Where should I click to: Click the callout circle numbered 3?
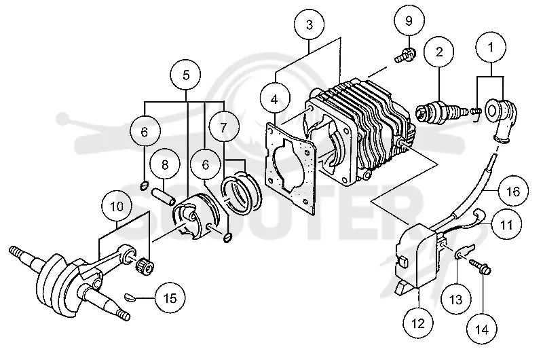click(310, 25)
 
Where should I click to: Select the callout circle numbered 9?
click(409, 21)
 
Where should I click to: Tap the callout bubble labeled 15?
click(170, 298)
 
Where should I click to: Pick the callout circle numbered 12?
click(418, 323)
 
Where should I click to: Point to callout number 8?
click(165, 164)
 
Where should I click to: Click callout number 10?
click(117, 207)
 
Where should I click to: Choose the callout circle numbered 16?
click(514, 191)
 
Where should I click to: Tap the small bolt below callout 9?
click(405, 56)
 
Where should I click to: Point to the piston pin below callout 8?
click(163, 196)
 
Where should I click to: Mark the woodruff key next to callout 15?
click(128, 297)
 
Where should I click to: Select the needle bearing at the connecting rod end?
click(144, 267)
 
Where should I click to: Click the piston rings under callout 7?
click(242, 192)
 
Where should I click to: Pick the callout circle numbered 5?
click(185, 75)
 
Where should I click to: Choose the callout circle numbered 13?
click(456, 300)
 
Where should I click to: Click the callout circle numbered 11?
click(506, 225)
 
